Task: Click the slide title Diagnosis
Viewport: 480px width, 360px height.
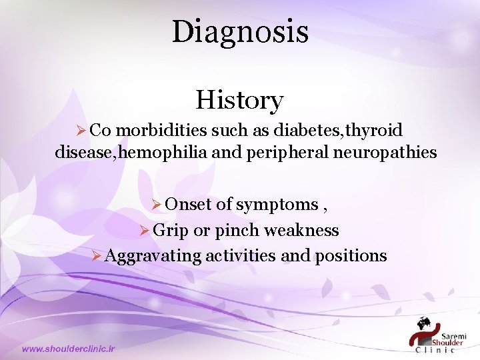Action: tap(240, 31)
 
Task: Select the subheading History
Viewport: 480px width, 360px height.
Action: tap(239, 101)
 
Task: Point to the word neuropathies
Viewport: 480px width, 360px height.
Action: tap(390, 153)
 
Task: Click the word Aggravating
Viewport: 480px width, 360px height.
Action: tap(153, 256)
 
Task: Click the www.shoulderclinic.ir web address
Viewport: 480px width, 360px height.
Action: tap(69, 348)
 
